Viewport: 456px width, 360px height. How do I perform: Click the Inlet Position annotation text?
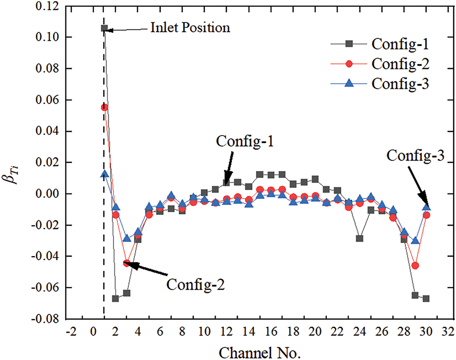click(190, 28)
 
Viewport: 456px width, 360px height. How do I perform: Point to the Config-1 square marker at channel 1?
click(104, 28)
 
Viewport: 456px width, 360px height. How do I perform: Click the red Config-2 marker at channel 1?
click(104, 107)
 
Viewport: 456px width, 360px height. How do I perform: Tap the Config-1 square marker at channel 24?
click(360, 238)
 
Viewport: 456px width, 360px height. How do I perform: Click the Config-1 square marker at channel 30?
click(426, 299)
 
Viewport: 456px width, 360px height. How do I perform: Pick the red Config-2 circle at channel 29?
click(415, 266)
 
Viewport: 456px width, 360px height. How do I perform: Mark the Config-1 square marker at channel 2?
click(116, 299)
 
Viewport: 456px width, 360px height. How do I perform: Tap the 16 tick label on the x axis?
click(271, 332)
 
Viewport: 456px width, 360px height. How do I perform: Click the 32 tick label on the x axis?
click(448, 332)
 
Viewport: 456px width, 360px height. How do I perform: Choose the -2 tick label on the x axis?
click(71, 332)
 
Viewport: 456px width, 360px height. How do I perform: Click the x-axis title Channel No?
click(260, 351)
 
